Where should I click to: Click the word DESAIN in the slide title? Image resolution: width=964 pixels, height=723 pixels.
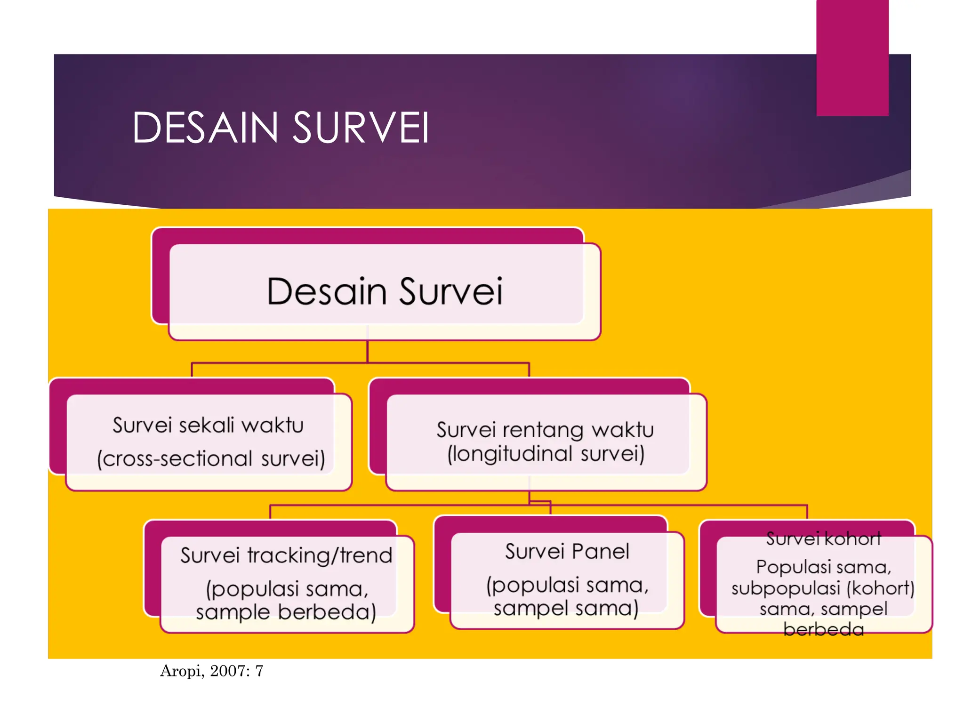pyautogui.click(x=205, y=128)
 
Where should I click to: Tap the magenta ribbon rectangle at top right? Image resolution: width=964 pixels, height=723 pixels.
pyautogui.click(x=852, y=56)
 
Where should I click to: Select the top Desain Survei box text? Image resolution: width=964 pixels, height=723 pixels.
pyautogui.click(x=385, y=291)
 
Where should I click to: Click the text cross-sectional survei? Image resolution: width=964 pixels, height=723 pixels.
pyautogui.click(x=211, y=458)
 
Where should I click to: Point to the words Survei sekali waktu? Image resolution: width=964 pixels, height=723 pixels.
pyautogui.click(x=208, y=425)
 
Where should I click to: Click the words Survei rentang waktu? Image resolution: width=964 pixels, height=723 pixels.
pyautogui.click(x=545, y=429)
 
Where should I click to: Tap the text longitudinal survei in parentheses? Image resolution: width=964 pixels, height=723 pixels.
pyautogui.click(x=546, y=454)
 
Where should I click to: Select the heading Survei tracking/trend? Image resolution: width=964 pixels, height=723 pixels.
pyautogui.click(x=286, y=555)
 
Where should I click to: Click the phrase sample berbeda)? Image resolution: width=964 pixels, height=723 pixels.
pyautogui.click(x=286, y=612)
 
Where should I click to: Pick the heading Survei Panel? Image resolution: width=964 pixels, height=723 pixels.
pyautogui.click(x=567, y=552)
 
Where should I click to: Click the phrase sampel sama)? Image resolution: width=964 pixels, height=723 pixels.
pyautogui.click(x=566, y=608)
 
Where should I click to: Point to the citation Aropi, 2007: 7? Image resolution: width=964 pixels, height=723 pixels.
pyautogui.click(x=211, y=671)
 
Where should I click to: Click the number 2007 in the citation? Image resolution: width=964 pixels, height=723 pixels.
pyautogui.click(x=228, y=671)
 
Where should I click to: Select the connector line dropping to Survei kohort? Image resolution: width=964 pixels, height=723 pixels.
pyautogui.click(x=807, y=512)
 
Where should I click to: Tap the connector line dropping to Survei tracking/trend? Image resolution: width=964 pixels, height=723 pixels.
pyautogui.click(x=270, y=512)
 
